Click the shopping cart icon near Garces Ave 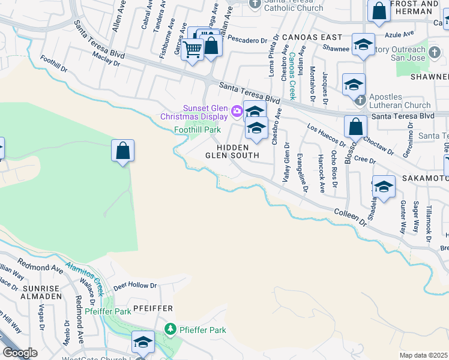click(x=192, y=49)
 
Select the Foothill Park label click(x=197, y=130)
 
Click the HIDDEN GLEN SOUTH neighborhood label click(x=232, y=151)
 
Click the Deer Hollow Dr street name click(x=134, y=286)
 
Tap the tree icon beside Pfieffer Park click(x=171, y=329)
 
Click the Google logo click(x=20, y=353)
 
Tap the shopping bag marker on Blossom click(x=355, y=127)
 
